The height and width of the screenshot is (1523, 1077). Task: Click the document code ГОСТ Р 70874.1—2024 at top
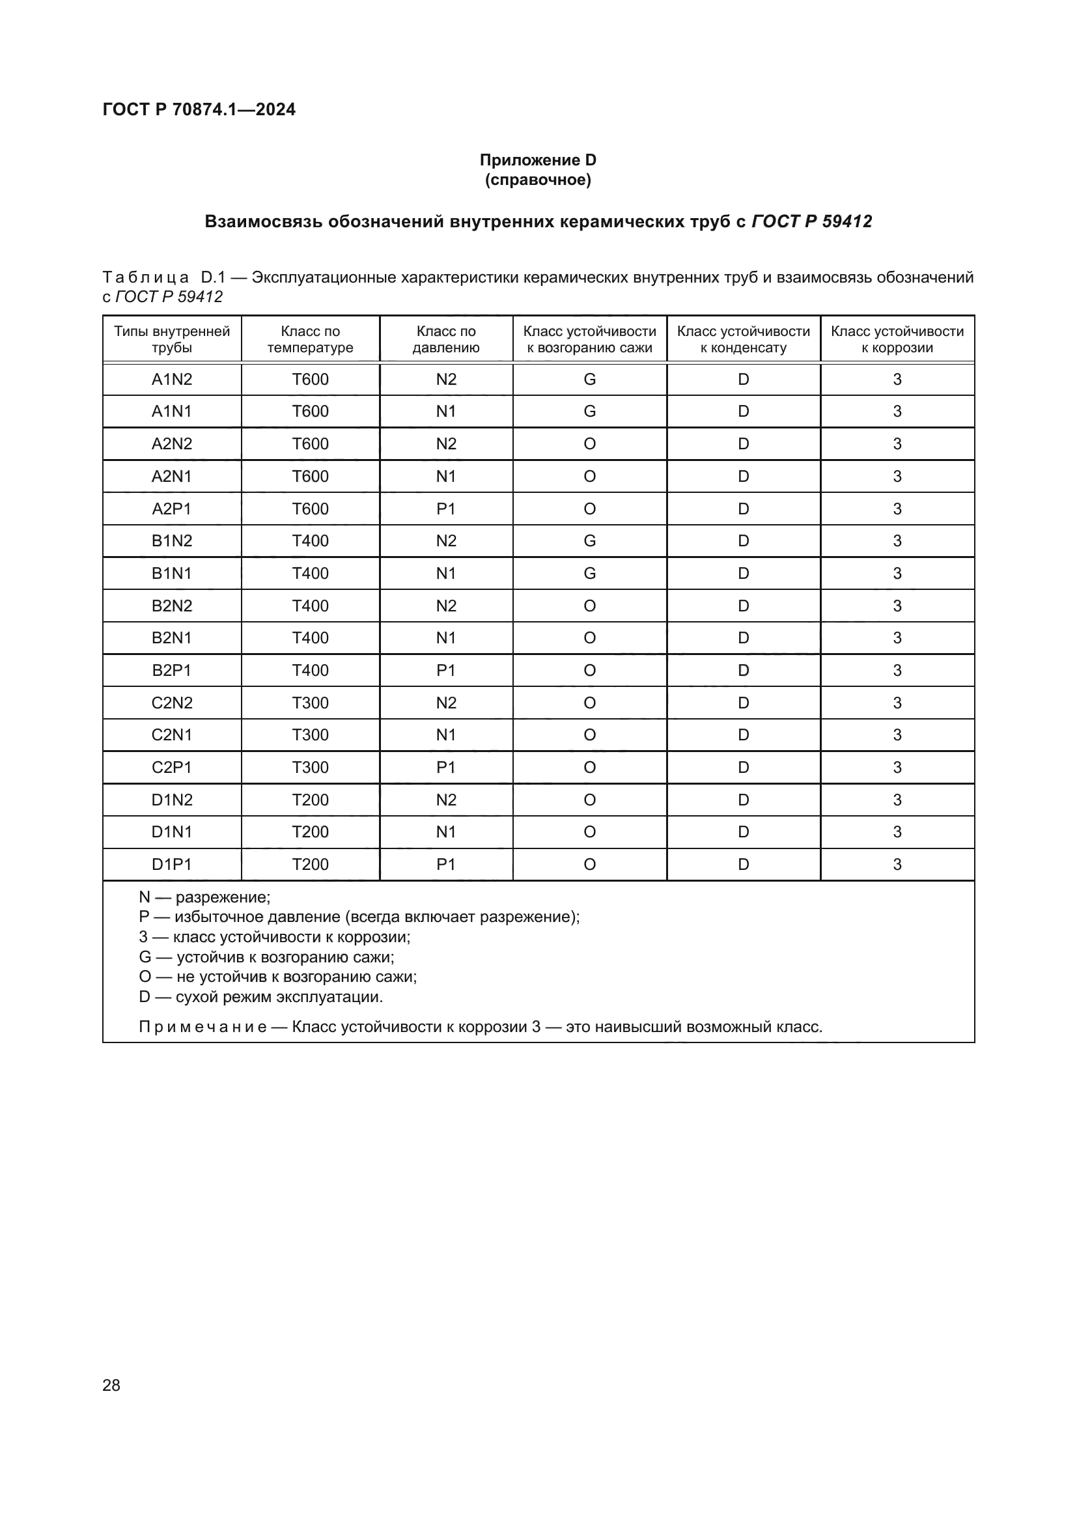[x=199, y=109]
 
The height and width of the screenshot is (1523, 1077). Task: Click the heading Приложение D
[x=538, y=160]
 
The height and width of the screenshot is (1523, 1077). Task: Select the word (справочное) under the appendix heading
[x=538, y=180]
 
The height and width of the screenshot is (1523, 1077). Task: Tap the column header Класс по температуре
[x=310, y=339]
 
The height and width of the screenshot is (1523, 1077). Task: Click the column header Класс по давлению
[x=445, y=339]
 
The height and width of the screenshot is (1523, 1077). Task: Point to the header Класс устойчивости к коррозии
[x=897, y=339]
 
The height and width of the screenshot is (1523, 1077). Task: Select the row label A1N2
[x=172, y=380]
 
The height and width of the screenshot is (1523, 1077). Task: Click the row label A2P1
[x=172, y=509]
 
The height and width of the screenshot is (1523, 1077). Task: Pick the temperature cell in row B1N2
[x=310, y=540]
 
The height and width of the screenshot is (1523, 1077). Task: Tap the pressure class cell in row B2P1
[x=445, y=670]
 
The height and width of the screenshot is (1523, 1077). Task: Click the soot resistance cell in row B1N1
[x=589, y=573]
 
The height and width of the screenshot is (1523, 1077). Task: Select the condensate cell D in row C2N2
[x=743, y=703]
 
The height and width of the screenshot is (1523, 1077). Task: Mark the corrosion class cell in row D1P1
[x=897, y=864]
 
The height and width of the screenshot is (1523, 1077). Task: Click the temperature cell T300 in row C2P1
[x=310, y=768]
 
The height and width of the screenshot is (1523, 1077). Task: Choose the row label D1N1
[x=172, y=831]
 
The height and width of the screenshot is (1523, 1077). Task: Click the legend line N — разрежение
[x=204, y=897]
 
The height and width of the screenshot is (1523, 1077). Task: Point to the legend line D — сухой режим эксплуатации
[x=260, y=997]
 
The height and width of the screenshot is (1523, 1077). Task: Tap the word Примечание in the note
[x=203, y=1027]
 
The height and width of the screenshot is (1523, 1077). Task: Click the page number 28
[x=111, y=1385]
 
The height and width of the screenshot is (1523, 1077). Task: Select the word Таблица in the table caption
[x=146, y=277]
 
